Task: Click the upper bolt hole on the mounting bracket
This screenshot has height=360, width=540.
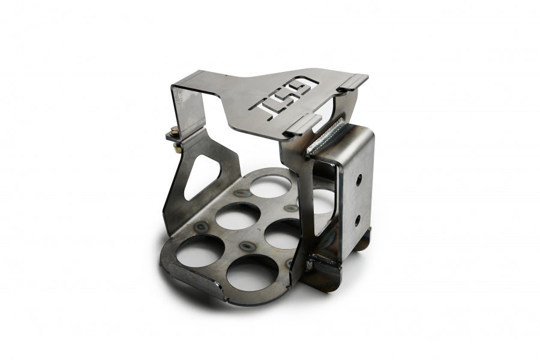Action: (359, 179)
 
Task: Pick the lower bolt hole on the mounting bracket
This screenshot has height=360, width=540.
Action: (358, 220)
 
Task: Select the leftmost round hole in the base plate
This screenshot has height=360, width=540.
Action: (197, 251)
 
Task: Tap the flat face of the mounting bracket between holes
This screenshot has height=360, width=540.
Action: (358, 200)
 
